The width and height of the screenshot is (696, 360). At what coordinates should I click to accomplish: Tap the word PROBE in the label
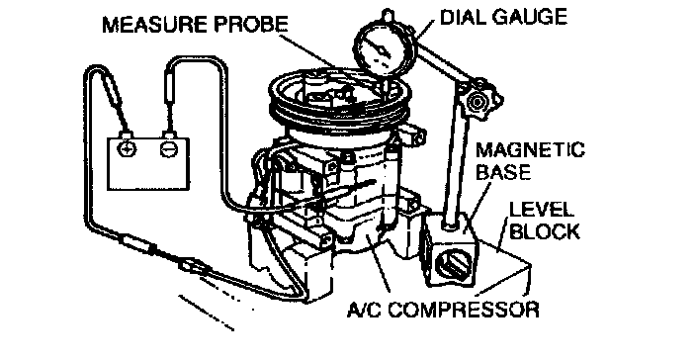(251, 25)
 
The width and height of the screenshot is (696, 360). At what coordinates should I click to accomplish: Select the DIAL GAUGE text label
(504, 17)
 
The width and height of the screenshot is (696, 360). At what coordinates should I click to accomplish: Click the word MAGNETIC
(530, 150)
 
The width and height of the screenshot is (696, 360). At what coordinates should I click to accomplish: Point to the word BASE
(503, 172)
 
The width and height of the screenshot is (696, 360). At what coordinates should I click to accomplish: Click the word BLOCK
(544, 231)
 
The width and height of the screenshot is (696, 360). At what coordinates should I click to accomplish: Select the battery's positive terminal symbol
(127, 149)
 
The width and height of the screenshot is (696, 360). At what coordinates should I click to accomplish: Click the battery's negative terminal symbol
(169, 149)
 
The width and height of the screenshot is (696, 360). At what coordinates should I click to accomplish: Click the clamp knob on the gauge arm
(477, 103)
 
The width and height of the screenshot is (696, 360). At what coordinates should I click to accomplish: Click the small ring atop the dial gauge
(388, 15)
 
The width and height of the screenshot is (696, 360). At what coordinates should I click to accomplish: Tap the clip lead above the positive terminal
(113, 91)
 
